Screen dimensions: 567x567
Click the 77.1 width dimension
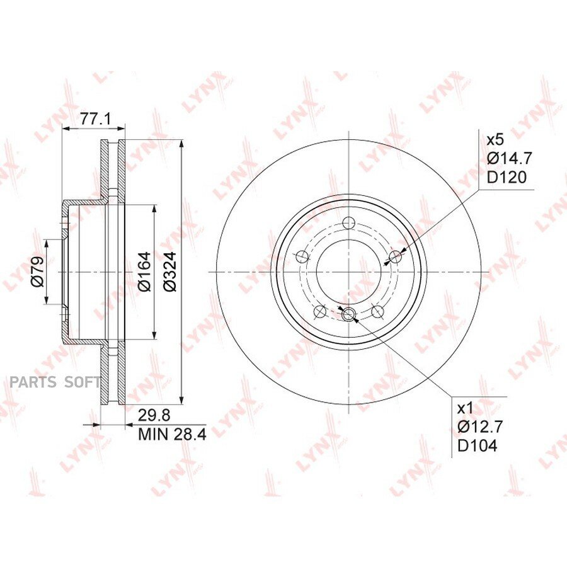(95, 118)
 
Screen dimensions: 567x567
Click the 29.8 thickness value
(154, 416)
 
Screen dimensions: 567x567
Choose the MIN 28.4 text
(172, 434)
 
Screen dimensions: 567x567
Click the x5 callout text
(495, 140)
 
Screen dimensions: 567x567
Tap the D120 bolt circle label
(507, 177)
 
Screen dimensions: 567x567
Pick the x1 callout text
(465, 409)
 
